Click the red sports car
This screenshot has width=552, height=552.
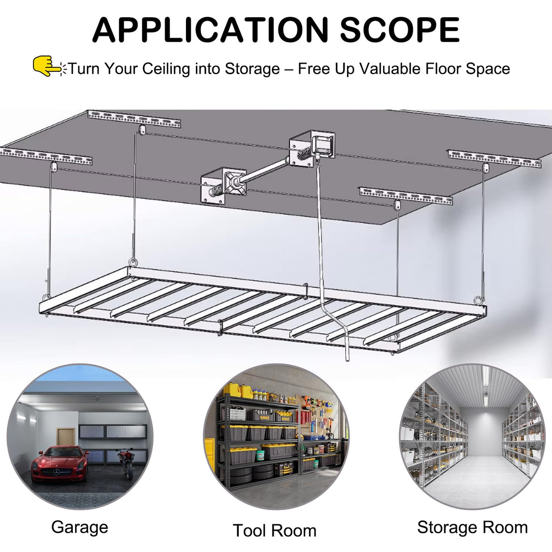(60, 464)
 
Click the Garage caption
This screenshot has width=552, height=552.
(80, 527)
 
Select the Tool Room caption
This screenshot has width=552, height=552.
(275, 531)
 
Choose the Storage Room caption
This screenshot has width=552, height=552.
(472, 527)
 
